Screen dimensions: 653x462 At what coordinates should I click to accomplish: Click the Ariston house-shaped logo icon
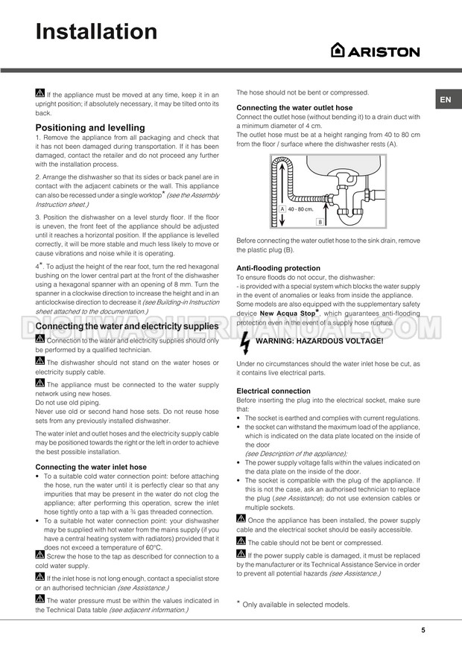point(338,50)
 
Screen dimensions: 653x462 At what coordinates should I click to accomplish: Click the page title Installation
point(97,31)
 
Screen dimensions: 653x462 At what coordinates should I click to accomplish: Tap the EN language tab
point(444,100)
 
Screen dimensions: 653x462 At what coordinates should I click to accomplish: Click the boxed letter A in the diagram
point(283,210)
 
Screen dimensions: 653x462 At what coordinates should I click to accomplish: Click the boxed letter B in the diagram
point(319,222)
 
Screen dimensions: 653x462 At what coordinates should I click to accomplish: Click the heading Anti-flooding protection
point(278,268)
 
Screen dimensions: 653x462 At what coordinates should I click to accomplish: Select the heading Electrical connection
point(273,391)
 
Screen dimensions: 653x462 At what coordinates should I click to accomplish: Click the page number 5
point(423,630)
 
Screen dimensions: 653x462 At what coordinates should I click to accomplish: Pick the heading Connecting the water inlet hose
point(91,467)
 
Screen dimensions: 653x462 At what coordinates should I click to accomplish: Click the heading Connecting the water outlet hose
point(294,108)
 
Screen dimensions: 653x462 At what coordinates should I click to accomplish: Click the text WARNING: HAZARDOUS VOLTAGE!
point(319,341)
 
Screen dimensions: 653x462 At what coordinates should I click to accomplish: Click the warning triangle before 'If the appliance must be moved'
point(40,94)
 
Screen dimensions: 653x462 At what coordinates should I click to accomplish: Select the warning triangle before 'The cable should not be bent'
point(241,541)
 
